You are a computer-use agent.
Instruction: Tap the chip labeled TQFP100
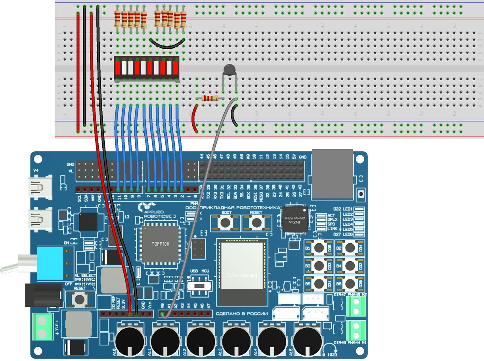[x=161, y=244]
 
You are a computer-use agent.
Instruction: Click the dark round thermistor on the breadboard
[x=229, y=70]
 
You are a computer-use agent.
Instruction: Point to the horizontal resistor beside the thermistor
[x=209, y=98]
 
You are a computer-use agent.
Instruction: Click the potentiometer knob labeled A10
[x=129, y=340]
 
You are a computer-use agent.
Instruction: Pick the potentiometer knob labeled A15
[x=308, y=340]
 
